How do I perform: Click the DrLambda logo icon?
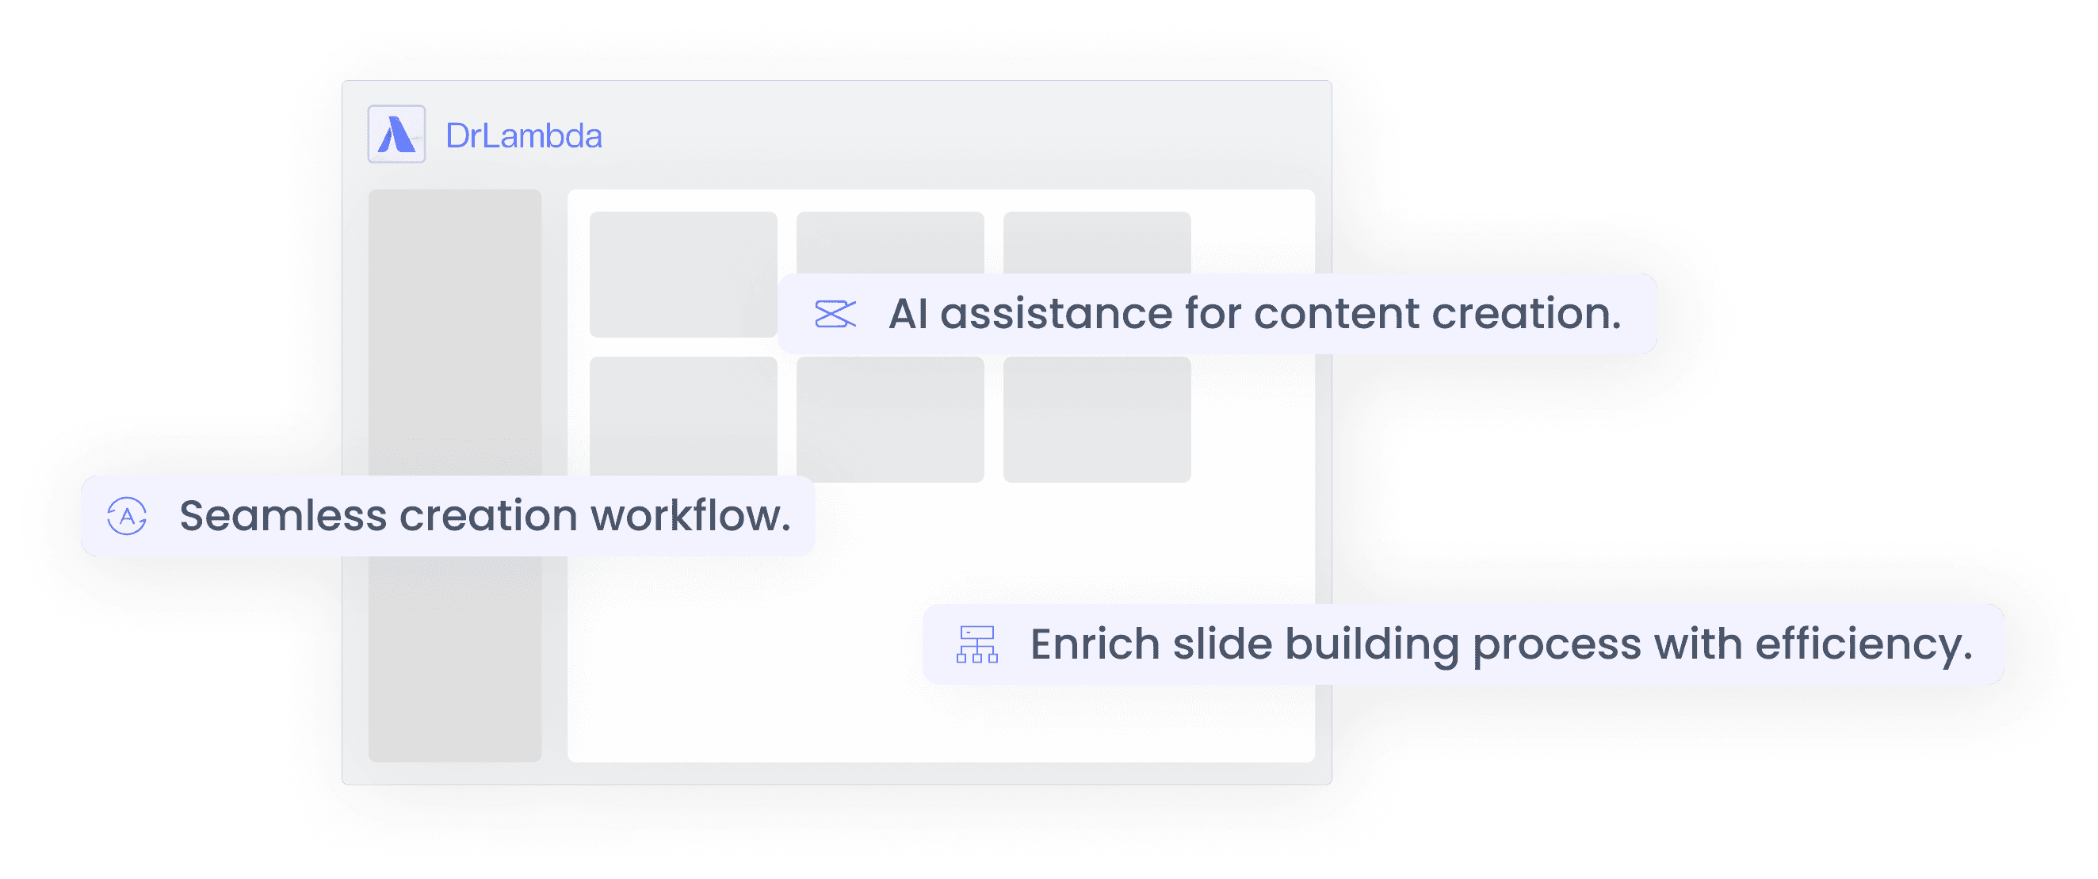[396, 135]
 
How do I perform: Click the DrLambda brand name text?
[524, 136]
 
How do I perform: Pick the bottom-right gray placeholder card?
[1096, 419]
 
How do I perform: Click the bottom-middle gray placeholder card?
[889, 419]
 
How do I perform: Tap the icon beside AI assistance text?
[835, 314]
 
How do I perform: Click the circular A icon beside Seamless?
[127, 516]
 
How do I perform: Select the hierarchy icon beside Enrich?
[976, 644]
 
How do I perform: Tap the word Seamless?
[283, 516]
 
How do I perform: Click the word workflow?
[690, 516]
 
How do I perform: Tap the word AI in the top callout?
[908, 314]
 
